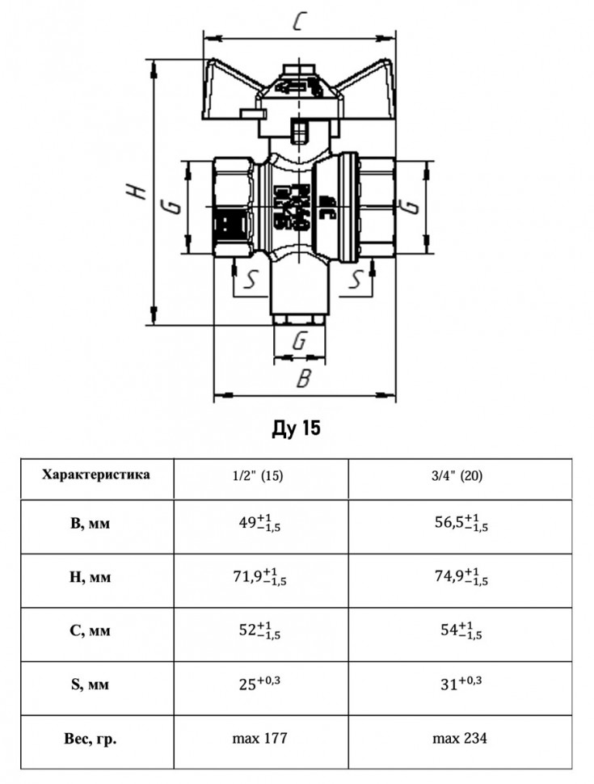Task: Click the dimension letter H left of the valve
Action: [x=136, y=191]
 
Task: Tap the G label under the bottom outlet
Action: [x=299, y=342]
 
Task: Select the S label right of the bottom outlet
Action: [x=355, y=279]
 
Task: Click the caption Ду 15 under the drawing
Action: [x=296, y=428]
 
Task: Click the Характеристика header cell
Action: [x=96, y=474]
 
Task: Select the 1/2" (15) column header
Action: [x=258, y=475]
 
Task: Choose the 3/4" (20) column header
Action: [x=457, y=475]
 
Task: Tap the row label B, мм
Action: [x=90, y=524]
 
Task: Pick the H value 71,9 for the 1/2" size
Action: [x=259, y=576]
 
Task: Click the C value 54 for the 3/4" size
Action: [x=461, y=630]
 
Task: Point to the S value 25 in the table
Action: [x=259, y=683]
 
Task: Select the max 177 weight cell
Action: [x=259, y=738]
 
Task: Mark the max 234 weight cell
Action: [x=460, y=738]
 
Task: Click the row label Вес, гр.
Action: [x=91, y=739]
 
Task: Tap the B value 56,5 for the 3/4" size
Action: [x=461, y=523]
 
